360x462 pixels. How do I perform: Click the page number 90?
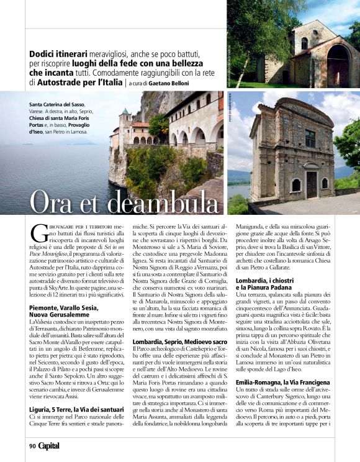click(x=32, y=445)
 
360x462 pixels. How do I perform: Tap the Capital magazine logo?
click(x=50, y=445)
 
